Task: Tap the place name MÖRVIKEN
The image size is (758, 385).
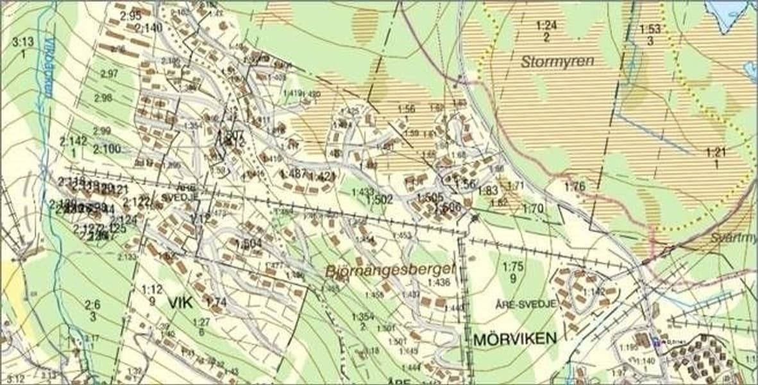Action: pyautogui.click(x=515, y=339)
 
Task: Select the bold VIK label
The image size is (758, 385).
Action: pyautogui.click(x=181, y=301)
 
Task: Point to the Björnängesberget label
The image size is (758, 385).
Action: pyautogui.click(x=381, y=270)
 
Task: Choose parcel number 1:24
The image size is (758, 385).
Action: pyautogui.click(x=546, y=26)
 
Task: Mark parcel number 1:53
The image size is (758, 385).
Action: pyautogui.click(x=650, y=30)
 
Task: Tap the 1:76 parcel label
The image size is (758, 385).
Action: pyautogui.click(x=575, y=187)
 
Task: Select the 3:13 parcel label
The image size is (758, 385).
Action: pyautogui.click(x=23, y=42)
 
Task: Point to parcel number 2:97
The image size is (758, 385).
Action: pyautogui.click(x=109, y=74)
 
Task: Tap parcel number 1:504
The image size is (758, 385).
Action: pyautogui.click(x=248, y=243)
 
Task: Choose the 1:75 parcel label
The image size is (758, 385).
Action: pyautogui.click(x=513, y=267)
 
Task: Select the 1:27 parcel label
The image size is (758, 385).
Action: pyautogui.click(x=201, y=322)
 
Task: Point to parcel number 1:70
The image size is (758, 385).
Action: pyautogui.click(x=532, y=209)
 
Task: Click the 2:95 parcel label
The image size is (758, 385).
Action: pyautogui.click(x=130, y=16)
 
